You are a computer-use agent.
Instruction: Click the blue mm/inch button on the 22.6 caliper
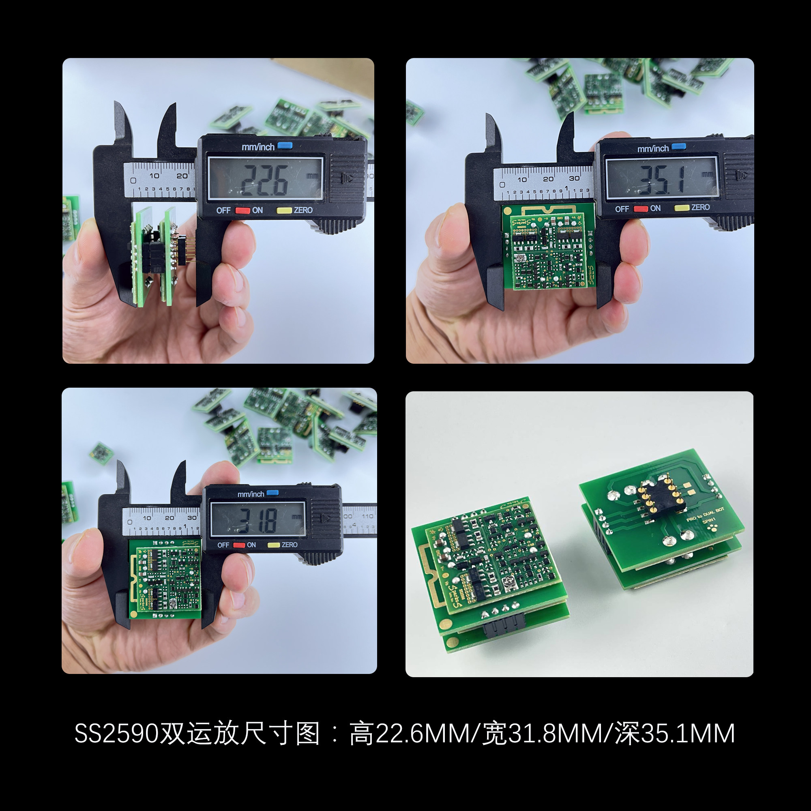coord(285,146)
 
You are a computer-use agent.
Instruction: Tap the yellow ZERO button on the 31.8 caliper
coord(274,545)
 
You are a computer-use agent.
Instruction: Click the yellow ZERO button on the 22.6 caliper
coord(284,210)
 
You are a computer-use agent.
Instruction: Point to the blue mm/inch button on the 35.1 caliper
coord(678,146)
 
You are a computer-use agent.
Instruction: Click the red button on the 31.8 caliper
coord(239,545)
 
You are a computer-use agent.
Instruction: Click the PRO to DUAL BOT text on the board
coord(705,514)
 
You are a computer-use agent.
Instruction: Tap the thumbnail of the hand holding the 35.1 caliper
coord(580,210)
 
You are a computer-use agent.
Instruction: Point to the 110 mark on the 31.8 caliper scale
coord(367,516)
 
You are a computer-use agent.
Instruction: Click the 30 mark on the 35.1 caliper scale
coord(574,178)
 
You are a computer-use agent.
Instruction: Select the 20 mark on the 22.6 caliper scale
coord(182,176)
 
